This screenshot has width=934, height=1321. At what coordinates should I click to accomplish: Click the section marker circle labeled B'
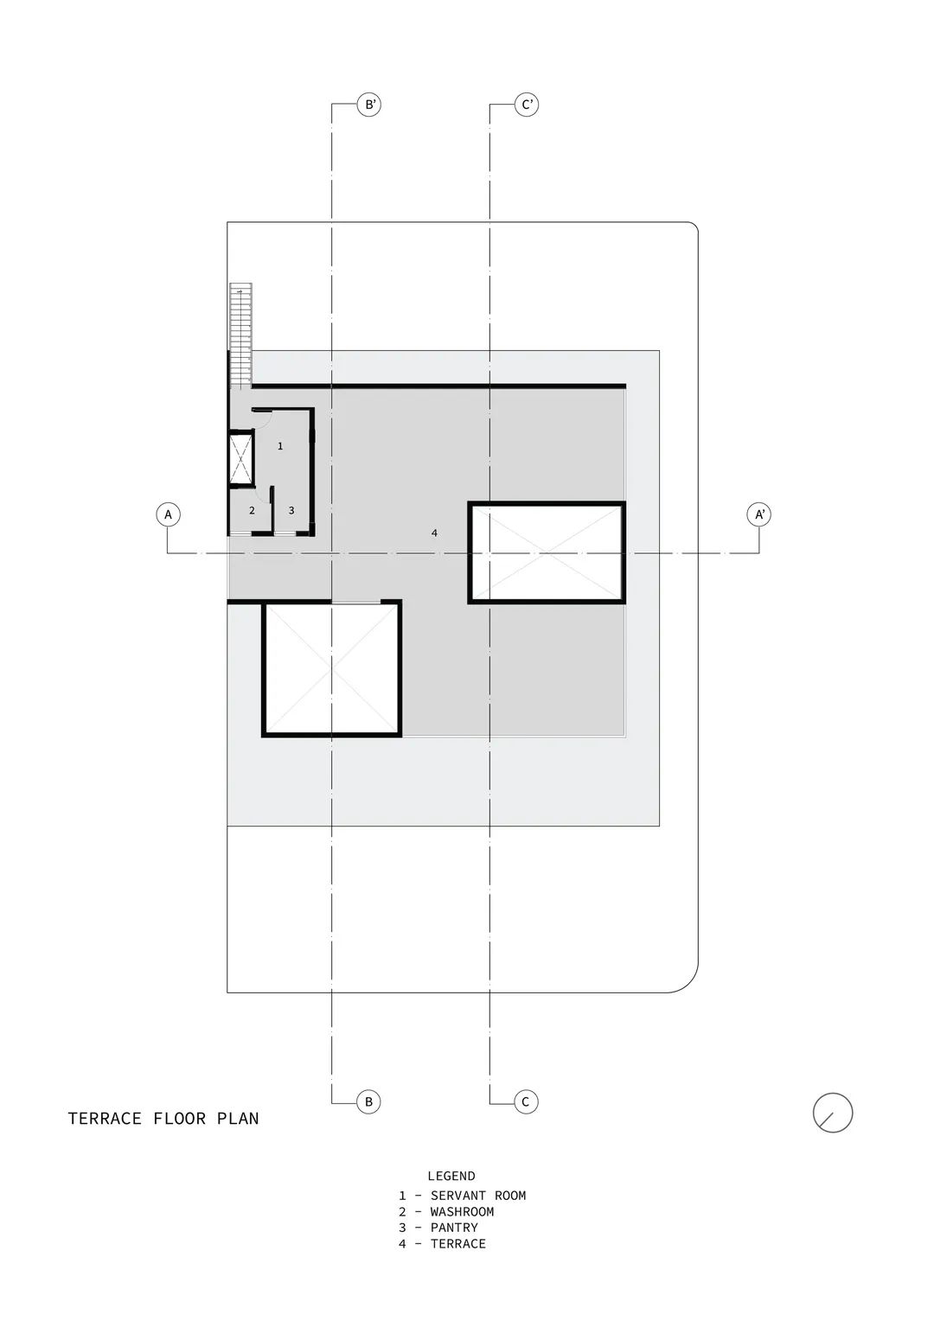tap(369, 105)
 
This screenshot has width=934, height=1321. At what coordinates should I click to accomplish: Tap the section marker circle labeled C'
tap(526, 105)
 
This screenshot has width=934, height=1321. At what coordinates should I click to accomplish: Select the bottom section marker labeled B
tap(369, 1101)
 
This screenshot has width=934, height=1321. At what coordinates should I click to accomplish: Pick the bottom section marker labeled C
tap(526, 1101)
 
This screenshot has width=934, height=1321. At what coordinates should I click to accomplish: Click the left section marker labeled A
tap(168, 514)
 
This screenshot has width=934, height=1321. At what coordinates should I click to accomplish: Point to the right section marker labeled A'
tap(759, 514)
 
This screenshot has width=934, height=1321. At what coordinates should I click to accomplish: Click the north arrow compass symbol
tap(833, 1113)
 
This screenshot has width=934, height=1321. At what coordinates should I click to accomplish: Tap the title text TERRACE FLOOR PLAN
tap(163, 1118)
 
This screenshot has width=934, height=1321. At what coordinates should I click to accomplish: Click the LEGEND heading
tap(451, 1176)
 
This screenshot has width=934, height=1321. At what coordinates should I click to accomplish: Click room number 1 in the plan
tap(280, 446)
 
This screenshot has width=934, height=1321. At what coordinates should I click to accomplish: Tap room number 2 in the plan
tap(252, 511)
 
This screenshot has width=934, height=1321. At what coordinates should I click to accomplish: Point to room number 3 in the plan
tap(291, 511)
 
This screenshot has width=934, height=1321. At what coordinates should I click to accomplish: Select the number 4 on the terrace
tap(434, 533)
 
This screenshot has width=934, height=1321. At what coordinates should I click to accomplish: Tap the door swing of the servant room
tap(263, 419)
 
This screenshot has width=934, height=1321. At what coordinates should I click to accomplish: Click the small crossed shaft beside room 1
tap(241, 458)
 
